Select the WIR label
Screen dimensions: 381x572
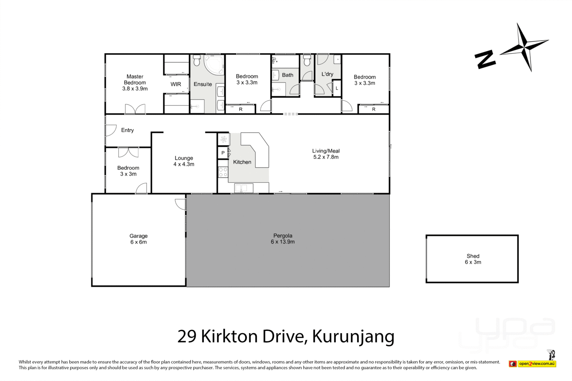pyautogui.click(x=176, y=84)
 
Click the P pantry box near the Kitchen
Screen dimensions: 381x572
pyautogui.click(x=223, y=153)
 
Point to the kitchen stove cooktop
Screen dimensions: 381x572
pyautogui.click(x=223, y=172)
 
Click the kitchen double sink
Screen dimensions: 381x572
pyautogui.click(x=243, y=188)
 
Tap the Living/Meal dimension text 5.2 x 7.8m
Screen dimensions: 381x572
pyautogui.click(x=326, y=157)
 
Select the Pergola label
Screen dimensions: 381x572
pyautogui.click(x=282, y=236)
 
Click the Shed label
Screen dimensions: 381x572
pyautogui.click(x=473, y=256)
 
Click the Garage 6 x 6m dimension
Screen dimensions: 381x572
pyautogui.click(x=138, y=242)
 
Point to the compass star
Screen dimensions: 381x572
pyautogui.click(x=524, y=46)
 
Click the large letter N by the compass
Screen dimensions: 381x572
pyautogui.click(x=485, y=59)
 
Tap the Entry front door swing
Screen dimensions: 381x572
pyautogui.click(x=111, y=130)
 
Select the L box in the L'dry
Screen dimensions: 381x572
pyautogui.click(x=337, y=88)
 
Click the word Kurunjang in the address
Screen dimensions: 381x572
pyautogui.click(x=353, y=336)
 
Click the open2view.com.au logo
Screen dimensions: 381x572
pyautogui.click(x=537, y=364)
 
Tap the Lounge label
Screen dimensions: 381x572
pyautogui.click(x=184, y=158)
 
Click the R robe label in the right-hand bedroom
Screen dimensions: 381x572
pyautogui.click(x=374, y=109)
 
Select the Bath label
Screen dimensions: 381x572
pyautogui.click(x=287, y=75)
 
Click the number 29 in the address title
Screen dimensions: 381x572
pyautogui.click(x=187, y=336)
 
